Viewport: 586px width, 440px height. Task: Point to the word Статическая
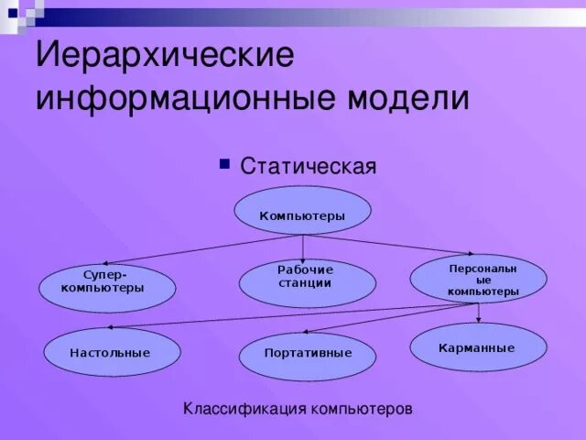pos(309,167)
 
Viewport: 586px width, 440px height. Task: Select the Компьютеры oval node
pos(302,215)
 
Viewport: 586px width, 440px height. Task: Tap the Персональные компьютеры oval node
pos(480,279)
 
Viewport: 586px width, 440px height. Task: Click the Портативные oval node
pos(308,353)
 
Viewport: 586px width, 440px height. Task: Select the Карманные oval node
pos(476,348)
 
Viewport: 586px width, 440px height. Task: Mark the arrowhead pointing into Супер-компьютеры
pos(96,262)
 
